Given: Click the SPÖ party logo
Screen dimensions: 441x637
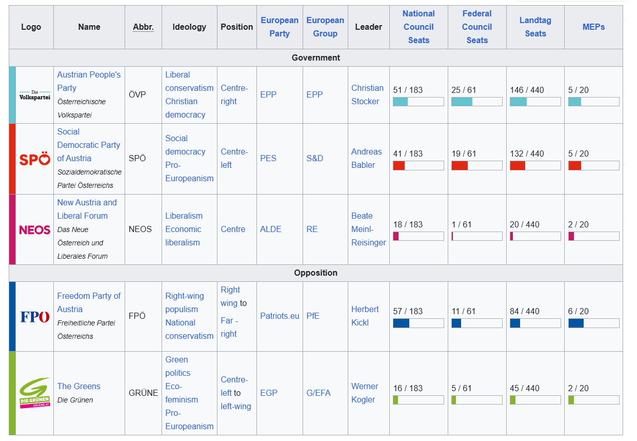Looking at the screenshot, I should (x=35, y=159).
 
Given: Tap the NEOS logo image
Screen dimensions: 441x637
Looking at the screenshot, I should (x=35, y=229).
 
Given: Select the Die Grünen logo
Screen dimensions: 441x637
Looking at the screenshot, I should (x=35, y=393).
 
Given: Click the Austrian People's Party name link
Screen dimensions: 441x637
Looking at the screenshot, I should (x=89, y=81).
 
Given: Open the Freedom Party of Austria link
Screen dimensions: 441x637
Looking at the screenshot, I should (x=89, y=302).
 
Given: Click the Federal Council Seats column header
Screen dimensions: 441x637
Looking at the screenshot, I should (x=477, y=27).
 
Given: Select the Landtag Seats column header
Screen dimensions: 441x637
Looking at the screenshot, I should (x=535, y=27).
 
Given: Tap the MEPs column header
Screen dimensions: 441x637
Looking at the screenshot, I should (x=593, y=27).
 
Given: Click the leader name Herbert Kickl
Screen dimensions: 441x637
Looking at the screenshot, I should (x=365, y=316).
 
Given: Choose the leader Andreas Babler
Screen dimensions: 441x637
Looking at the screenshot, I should (x=366, y=158).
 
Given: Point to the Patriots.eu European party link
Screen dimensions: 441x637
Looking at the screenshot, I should (x=280, y=316).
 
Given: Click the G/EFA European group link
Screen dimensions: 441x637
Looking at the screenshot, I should (x=318, y=393).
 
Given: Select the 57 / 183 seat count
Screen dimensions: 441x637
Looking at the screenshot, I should (x=408, y=311).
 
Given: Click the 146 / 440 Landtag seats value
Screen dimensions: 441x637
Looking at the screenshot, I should (x=524, y=90).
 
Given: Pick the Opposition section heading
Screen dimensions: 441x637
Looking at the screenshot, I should (x=315, y=273).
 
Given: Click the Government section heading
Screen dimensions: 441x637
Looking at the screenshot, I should (x=315, y=57).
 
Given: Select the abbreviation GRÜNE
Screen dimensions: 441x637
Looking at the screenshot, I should (x=143, y=393).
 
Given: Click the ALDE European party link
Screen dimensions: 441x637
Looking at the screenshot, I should (x=271, y=229).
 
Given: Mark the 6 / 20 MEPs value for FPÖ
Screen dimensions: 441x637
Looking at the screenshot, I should (x=579, y=311).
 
